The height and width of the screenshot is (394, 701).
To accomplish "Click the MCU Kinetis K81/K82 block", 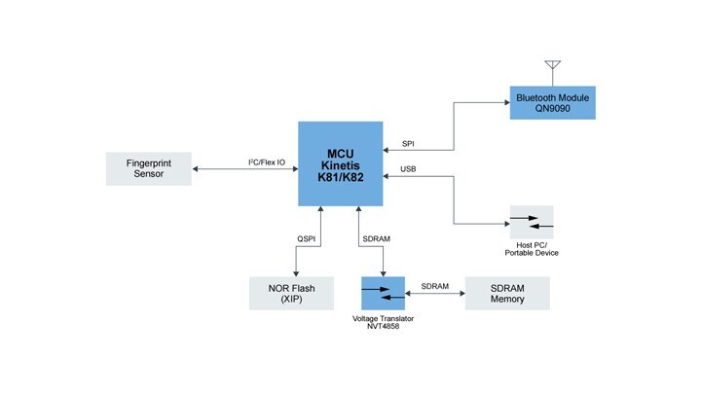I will pyautogui.click(x=340, y=163).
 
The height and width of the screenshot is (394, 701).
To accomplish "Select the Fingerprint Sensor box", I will pyautogui.click(x=149, y=168).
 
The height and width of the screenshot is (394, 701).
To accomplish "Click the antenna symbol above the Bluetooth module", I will pyautogui.click(x=552, y=71).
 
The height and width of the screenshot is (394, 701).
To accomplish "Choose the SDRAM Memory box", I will pyautogui.click(x=507, y=293).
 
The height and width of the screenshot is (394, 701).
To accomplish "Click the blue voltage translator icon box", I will pyautogui.click(x=382, y=294).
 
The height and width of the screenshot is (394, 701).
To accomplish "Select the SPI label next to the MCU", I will pyautogui.click(x=409, y=143).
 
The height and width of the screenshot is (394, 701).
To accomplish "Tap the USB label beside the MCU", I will pyautogui.click(x=410, y=169).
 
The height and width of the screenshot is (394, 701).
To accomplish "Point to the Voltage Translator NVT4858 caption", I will pyautogui.click(x=382, y=322).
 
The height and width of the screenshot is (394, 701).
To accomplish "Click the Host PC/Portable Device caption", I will pyautogui.click(x=532, y=249).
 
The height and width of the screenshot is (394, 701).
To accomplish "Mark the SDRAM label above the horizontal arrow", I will pyautogui.click(x=434, y=286).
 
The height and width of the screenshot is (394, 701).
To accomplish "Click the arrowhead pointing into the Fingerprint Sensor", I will pyautogui.click(x=196, y=169).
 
